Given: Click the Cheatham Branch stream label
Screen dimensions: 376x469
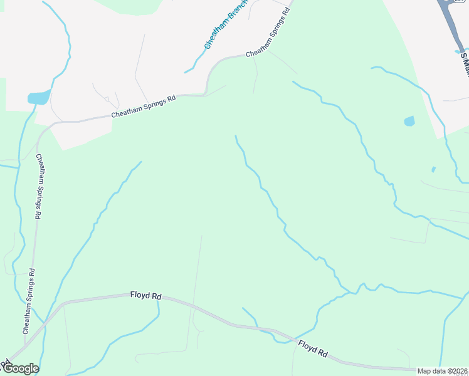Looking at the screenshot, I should click(226, 24).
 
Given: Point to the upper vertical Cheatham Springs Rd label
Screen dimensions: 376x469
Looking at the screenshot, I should click(39, 186).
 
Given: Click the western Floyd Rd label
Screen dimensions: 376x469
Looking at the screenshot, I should click(146, 295).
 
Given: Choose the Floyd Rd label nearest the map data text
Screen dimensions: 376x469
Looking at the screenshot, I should click(313, 348).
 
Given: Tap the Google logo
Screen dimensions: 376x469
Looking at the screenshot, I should click(20, 368).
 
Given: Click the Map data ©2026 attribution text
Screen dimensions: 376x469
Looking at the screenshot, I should click(443, 371).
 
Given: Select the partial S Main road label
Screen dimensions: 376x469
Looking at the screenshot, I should click(465, 65).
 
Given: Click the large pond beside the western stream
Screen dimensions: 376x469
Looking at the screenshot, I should click(38, 97).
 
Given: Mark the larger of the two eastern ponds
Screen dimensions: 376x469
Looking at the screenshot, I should click(409, 121).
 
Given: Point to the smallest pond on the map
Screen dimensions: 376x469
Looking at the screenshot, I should click(433, 169).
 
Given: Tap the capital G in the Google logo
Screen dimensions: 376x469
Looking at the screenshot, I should click(8, 368).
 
